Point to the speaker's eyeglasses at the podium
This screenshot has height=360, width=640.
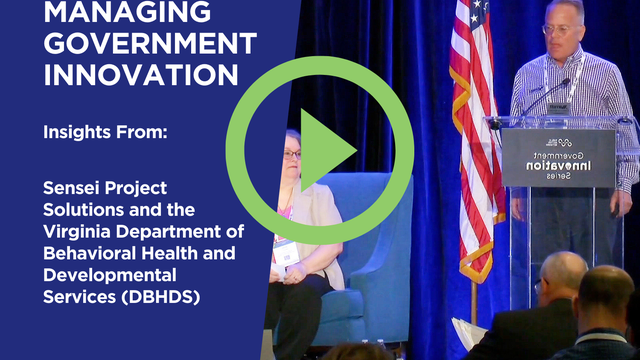[x=558, y=30]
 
